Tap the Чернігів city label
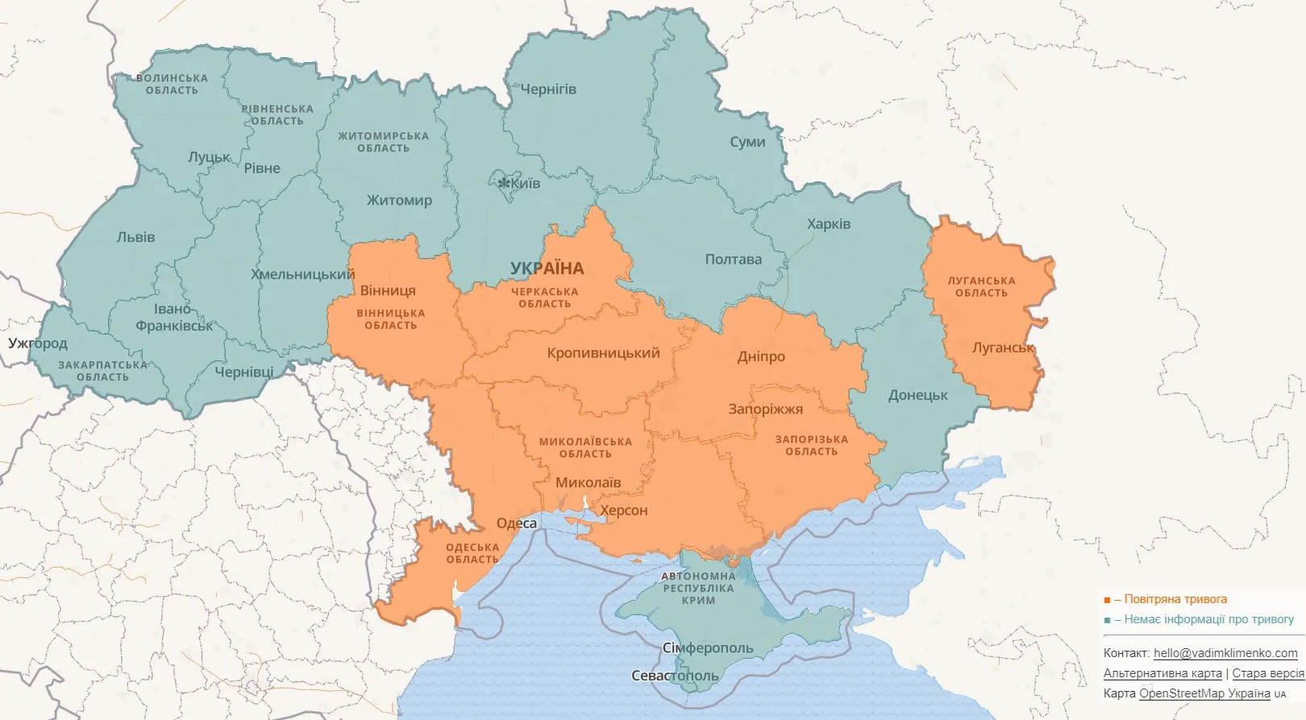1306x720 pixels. click(548, 89)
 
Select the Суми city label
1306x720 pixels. click(747, 142)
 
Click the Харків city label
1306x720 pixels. click(829, 224)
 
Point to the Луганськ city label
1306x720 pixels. click(1003, 348)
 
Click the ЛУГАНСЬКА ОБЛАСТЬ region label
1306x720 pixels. click(981, 287)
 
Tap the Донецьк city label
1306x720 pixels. click(918, 395)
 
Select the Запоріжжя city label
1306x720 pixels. click(765, 409)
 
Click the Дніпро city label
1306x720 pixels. click(761, 356)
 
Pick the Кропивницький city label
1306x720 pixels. click(603, 353)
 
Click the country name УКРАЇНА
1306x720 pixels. click(547, 268)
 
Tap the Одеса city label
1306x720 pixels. click(517, 523)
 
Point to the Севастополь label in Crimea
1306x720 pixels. click(674, 676)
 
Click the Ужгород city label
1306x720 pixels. click(38, 343)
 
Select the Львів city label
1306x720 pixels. click(135, 237)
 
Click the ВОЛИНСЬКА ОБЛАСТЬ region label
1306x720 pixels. click(172, 85)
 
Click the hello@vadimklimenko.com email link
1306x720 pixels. click(1225, 653)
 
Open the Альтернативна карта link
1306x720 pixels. click(1163, 673)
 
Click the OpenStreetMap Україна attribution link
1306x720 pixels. click(1204, 693)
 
